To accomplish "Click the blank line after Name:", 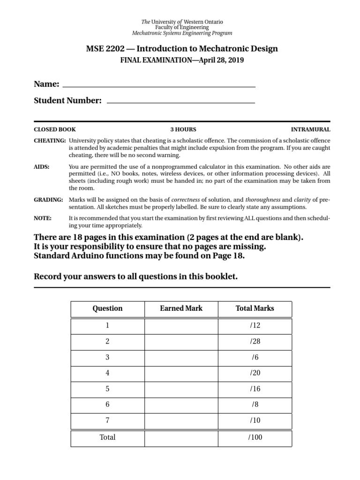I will click(159, 86).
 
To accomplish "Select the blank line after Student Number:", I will click(181, 102).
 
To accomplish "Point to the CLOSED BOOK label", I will click(55, 129).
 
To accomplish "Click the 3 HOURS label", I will click(183, 129).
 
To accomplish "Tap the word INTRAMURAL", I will click(310, 129).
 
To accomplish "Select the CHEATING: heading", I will click(50, 141).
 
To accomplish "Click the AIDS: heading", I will click(42, 167).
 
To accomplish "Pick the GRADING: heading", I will click(48, 200).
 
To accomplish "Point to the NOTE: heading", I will click(43, 218).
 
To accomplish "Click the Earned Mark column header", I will click(181, 308).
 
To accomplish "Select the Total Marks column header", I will click(255, 308).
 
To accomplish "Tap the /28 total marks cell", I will click(255, 342).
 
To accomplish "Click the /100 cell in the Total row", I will click(255, 437).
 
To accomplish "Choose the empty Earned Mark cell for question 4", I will click(181, 374).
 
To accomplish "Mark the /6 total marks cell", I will click(255, 358).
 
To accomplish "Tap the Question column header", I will click(107, 308).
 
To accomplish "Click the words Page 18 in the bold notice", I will click(228, 256).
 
